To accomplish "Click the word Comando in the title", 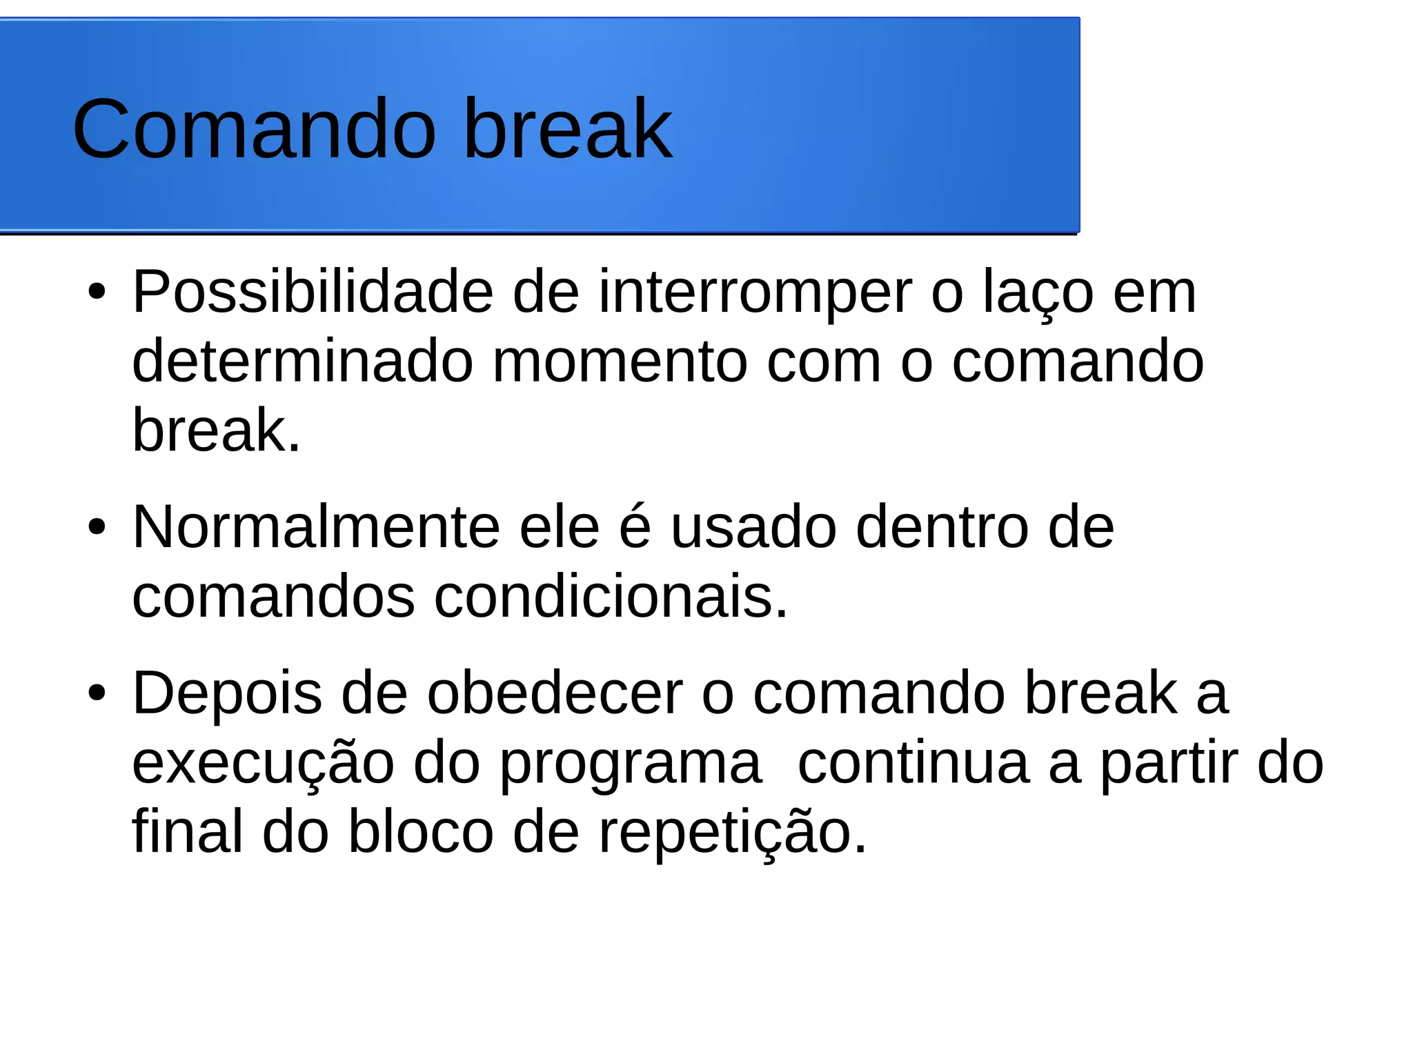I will [254, 129].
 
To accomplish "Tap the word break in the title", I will [567, 129].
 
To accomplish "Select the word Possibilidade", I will [313, 293].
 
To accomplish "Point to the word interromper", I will [755, 293].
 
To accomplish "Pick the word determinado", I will [302, 362].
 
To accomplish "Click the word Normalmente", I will [316, 528].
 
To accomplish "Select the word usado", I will [754, 528].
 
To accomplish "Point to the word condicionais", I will [611, 597].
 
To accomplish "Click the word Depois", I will [227, 694].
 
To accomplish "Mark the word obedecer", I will [555, 694].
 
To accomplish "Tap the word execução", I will [263, 764].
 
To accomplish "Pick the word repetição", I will [731, 833].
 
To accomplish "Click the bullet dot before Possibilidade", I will [97, 293].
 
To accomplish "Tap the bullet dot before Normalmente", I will [97, 528].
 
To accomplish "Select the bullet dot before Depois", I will [97, 693].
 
